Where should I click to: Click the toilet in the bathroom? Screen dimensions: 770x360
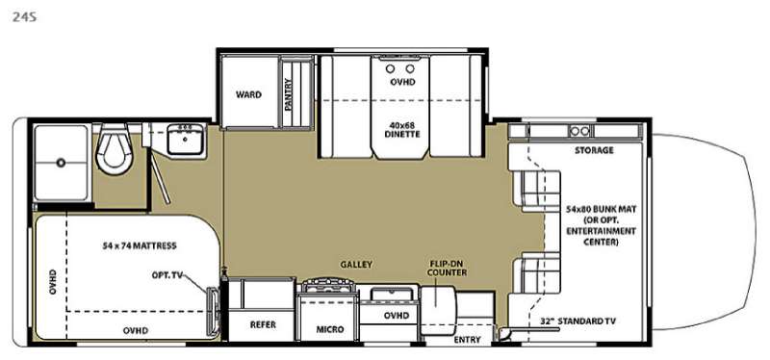click(114, 149)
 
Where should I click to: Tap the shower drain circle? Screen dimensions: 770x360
click(61, 163)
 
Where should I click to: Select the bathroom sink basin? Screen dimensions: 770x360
click(185, 139)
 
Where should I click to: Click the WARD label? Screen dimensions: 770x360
click(248, 94)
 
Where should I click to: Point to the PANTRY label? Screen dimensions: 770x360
click(288, 94)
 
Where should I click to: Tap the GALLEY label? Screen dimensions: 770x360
click(356, 265)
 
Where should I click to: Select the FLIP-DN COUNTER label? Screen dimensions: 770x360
click(446, 268)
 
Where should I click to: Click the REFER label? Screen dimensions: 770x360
click(263, 324)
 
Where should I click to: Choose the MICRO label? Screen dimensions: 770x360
click(330, 329)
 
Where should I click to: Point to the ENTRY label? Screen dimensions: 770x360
click(467, 340)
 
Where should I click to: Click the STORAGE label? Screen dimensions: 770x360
click(594, 150)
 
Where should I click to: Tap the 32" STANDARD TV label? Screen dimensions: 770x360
click(578, 321)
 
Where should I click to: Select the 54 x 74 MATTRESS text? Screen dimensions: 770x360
click(140, 245)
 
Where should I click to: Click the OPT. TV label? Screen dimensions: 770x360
click(167, 275)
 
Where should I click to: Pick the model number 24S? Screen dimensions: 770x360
click(24, 17)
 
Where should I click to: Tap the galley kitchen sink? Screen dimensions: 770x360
click(390, 295)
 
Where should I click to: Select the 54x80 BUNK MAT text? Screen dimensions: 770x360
click(602, 209)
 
